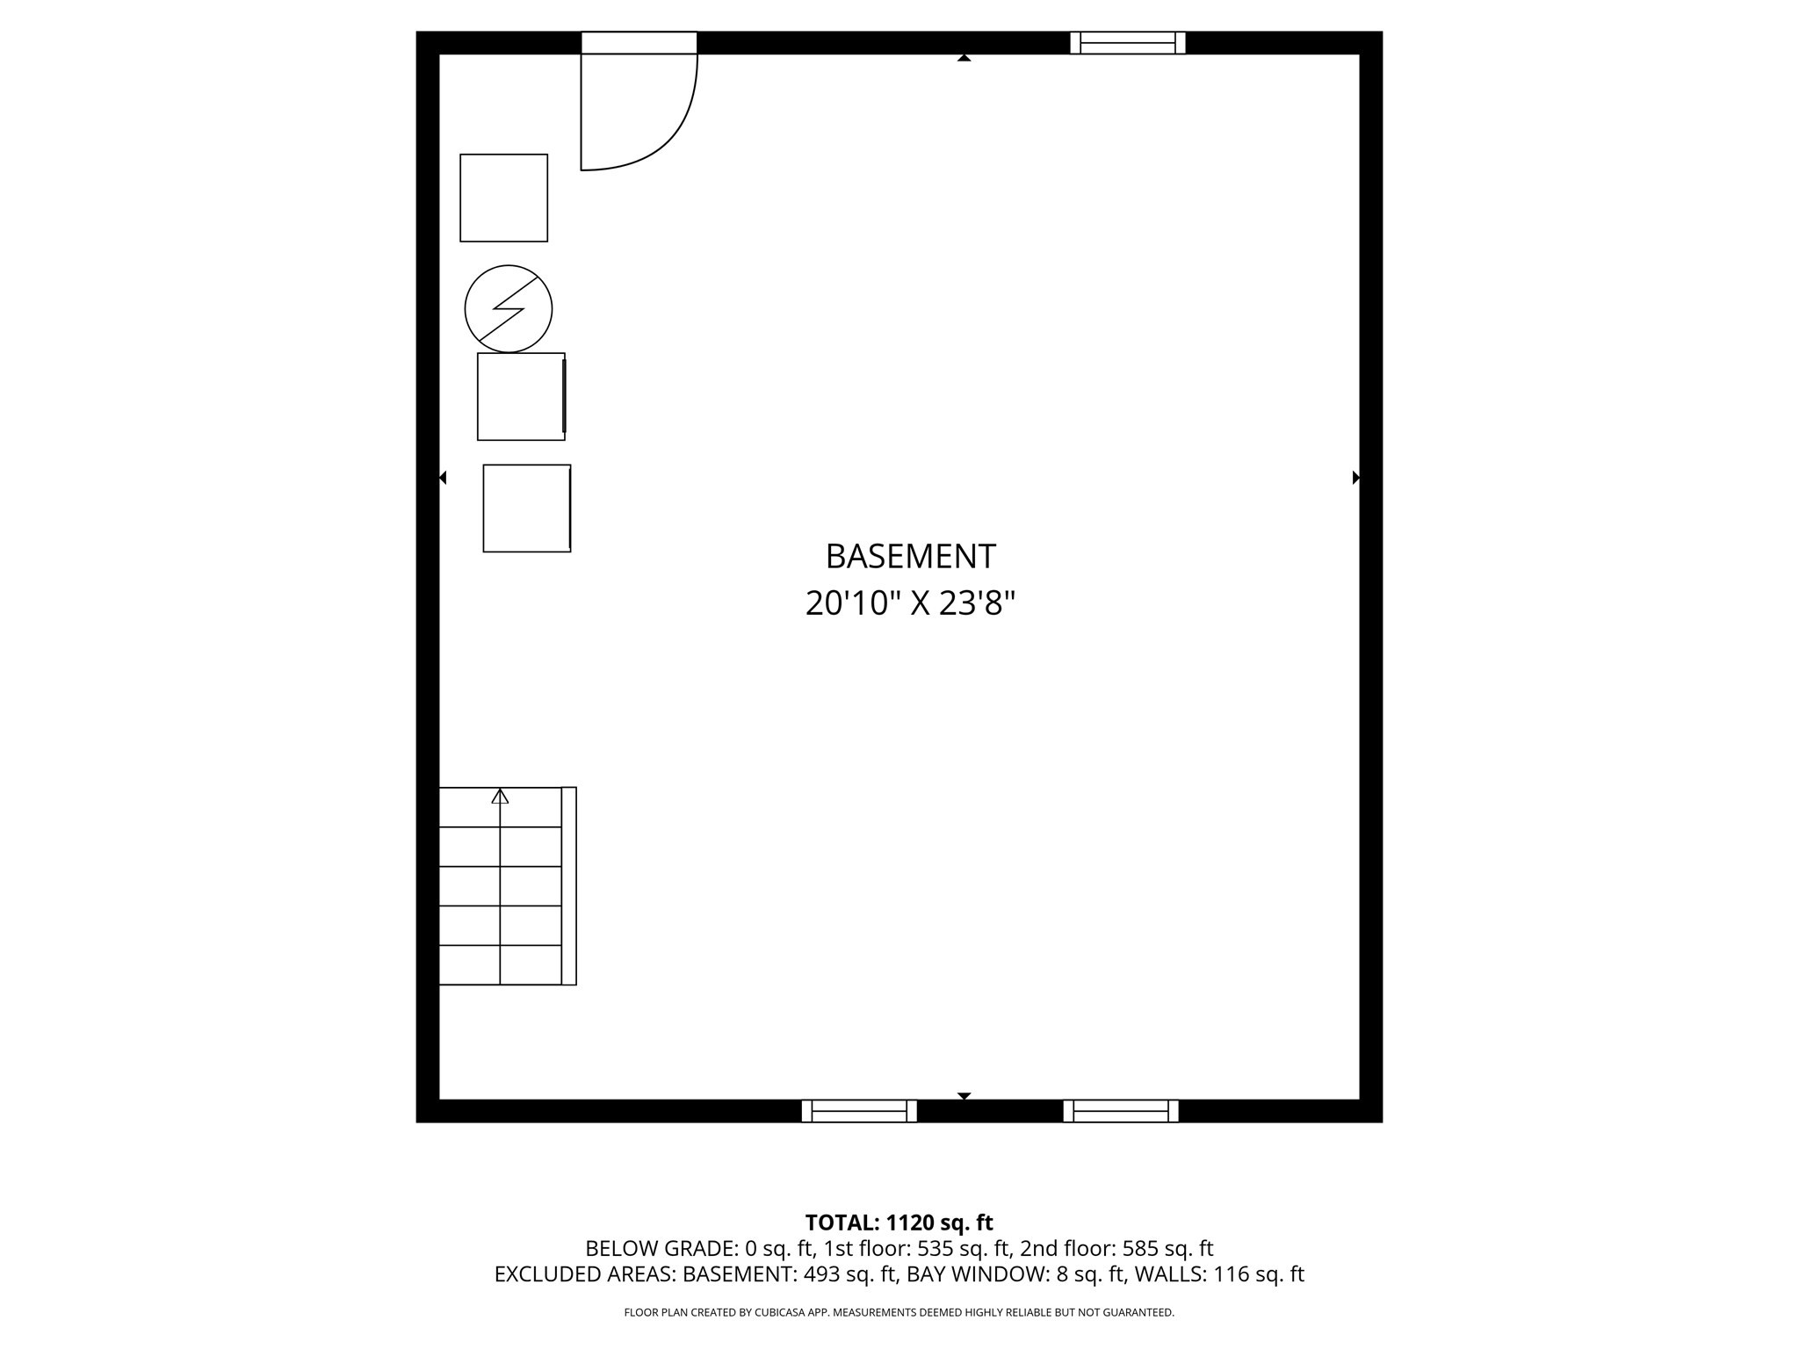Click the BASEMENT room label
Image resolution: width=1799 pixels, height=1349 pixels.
click(910, 557)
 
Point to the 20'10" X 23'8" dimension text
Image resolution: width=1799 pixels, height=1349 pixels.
click(910, 604)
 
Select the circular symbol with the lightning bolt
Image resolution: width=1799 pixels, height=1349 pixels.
click(509, 309)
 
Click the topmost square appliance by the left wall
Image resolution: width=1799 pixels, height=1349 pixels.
click(504, 198)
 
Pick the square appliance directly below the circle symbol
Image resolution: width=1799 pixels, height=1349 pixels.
click(521, 397)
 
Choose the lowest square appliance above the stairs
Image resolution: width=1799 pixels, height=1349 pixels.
click(527, 509)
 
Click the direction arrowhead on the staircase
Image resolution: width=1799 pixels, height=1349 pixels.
click(500, 797)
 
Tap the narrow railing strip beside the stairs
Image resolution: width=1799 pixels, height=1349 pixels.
click(569, 885)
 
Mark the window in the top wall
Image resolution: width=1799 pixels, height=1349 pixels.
click(1128, 43)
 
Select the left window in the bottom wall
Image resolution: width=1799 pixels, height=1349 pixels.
click(859, 1111)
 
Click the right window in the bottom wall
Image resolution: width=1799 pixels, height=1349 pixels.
click(1121, 1111)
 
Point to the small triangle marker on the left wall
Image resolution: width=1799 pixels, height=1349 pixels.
click(443, 478)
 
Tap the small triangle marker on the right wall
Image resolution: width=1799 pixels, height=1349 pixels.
click(1355, 478)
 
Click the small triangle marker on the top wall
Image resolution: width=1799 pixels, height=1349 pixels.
click(964, 58)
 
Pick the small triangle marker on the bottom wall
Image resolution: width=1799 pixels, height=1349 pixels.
click(964, 1096)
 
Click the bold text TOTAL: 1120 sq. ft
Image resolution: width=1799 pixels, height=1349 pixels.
click(899, 1223)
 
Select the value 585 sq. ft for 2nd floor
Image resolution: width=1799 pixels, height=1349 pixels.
click(1167, 1248)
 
